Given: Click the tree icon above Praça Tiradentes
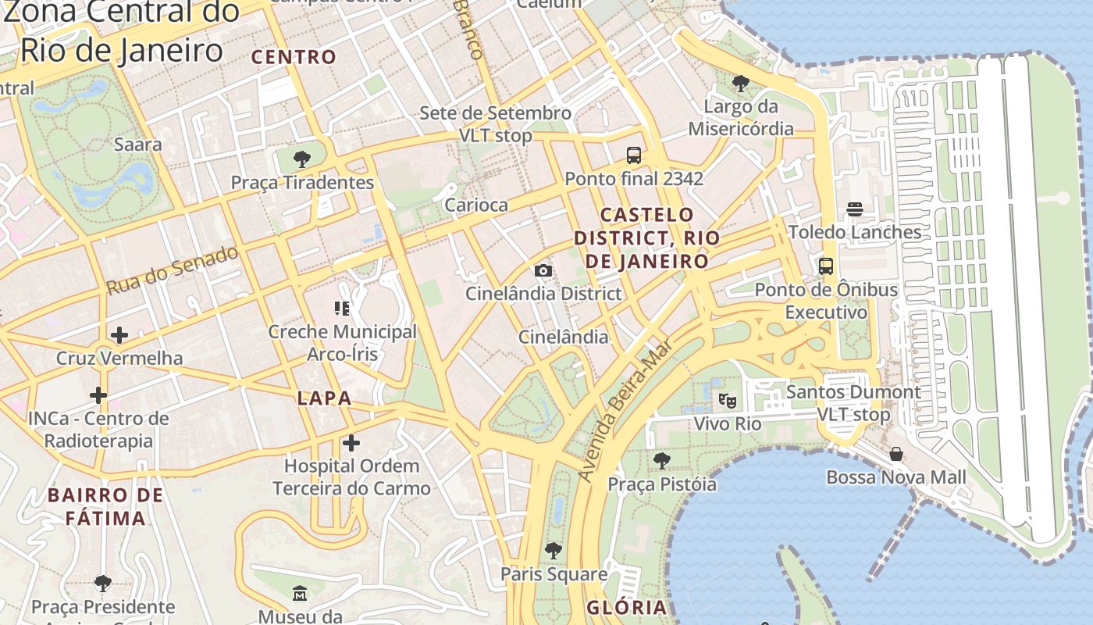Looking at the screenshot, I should [301, 160].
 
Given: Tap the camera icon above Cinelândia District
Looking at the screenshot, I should [543, 271].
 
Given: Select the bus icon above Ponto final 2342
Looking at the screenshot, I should [634, 155].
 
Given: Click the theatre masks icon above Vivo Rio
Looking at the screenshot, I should [728, 401].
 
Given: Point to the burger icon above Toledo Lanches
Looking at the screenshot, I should [855, 209].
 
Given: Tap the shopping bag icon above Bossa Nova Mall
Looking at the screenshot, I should [896, 454].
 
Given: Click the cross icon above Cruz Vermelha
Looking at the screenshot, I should [119, 335].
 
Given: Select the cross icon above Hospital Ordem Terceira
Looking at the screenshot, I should [351, 443].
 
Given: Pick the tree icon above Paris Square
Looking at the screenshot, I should [554, 551].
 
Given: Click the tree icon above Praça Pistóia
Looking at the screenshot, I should [662, 461].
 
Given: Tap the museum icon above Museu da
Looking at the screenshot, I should [300, 594].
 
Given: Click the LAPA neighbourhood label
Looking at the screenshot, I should [324, 398].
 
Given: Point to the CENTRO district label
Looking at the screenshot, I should [294, 57].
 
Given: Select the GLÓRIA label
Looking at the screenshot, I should [627, 608].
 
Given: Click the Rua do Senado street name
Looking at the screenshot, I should [172, 270].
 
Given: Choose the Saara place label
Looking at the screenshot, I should [138, 145].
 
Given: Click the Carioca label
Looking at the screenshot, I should [476, 205].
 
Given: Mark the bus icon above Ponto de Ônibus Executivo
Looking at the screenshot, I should [826, 266].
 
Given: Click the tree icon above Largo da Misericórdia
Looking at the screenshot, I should [740, 83].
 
